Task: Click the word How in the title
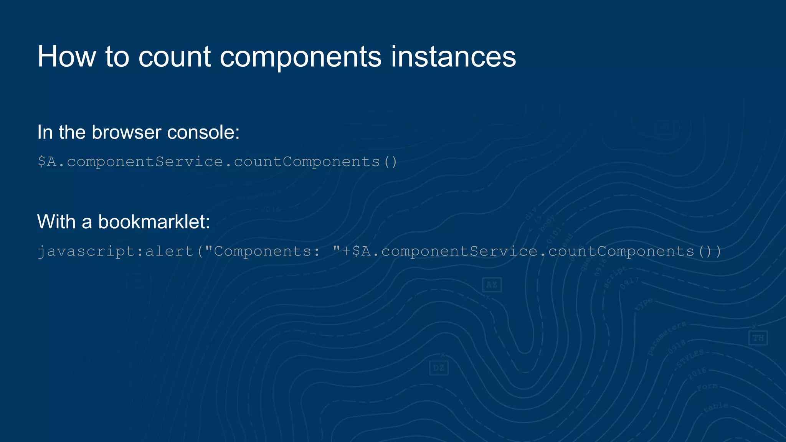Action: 66,57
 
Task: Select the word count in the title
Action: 175,57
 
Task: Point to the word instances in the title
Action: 453,57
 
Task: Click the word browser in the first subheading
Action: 126,132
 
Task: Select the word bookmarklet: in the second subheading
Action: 154,222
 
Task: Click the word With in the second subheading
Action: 56,222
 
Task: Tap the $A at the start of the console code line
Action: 47,162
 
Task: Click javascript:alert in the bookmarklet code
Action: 115,251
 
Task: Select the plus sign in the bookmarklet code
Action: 346,251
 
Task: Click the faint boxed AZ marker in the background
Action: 492,285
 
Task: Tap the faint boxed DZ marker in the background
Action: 439,368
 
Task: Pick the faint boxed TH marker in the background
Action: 758,338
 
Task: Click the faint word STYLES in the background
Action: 690,358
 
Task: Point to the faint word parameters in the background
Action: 667,338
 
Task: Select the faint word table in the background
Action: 716,407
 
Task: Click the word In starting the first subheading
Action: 45,132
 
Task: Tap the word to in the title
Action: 117,57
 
